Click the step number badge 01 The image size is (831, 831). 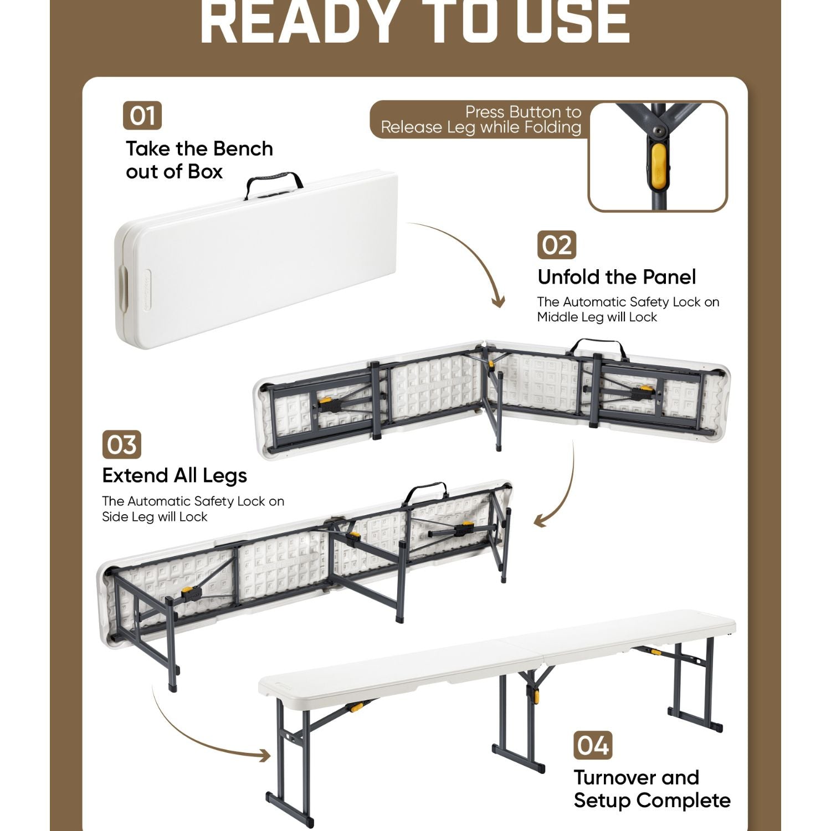142,116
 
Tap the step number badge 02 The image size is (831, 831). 557,245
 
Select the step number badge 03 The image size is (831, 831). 122,445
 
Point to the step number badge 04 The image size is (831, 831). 593,745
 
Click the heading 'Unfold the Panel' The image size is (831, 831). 617,276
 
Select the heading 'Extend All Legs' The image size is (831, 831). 175,476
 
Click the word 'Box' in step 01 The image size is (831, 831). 205,172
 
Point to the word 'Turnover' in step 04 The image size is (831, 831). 615,777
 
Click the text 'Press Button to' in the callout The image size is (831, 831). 523,112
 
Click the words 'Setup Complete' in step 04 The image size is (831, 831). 652,801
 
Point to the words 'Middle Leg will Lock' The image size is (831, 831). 597,317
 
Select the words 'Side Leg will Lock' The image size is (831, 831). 155,517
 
